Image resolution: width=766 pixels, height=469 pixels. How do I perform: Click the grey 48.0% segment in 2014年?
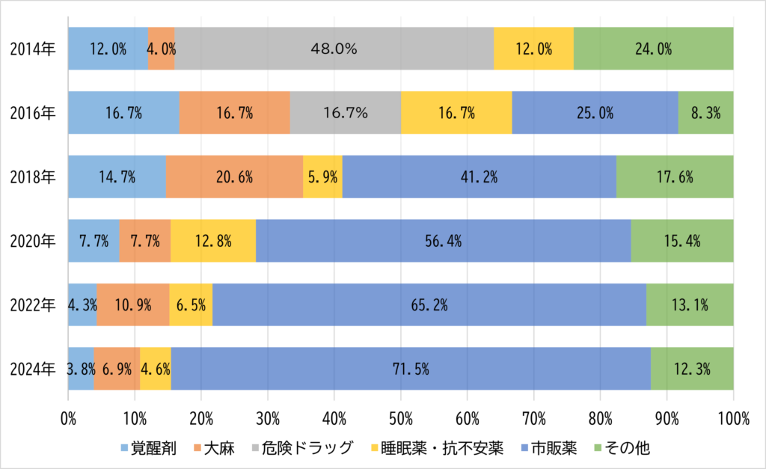click(x=334, y=49)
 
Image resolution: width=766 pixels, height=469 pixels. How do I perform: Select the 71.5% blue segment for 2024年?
click(x=410, y=369)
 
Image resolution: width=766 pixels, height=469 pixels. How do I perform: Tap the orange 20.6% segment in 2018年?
click(x=234, y=177)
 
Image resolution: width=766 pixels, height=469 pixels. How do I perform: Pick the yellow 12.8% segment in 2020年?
click(x=213, y=241)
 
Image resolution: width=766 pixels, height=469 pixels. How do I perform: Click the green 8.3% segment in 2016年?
click(x=705, y=113)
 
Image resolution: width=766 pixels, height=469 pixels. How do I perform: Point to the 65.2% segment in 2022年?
click(x=429, y=304)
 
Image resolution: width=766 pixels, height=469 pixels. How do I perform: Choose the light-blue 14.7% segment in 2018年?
click(x=117, y=177)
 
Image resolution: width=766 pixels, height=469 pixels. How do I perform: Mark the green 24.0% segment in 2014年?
click(x=653, y=49)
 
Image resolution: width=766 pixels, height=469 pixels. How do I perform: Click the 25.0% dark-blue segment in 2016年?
click(x=595, y=113)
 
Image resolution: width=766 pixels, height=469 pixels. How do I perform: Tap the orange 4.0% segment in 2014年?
click(x=162, y=49)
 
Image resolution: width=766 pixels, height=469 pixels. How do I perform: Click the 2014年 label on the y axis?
click(x=33, y=49)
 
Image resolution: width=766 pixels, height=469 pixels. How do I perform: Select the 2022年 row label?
click(x=33, y=305)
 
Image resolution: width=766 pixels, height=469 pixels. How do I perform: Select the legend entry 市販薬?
click(x=553, y=449)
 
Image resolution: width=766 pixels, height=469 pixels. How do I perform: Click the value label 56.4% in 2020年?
click(x=443, y=241)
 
